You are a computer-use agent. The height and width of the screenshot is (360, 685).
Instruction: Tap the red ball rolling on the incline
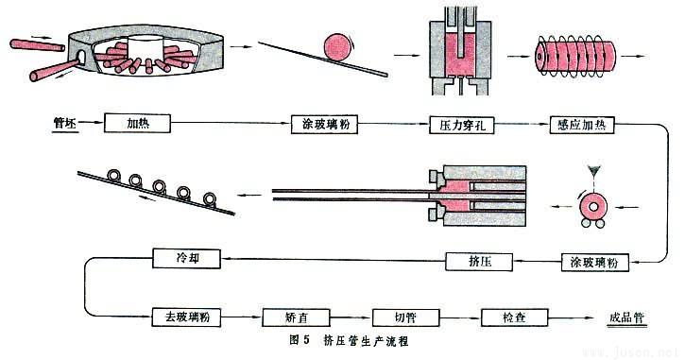336,46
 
